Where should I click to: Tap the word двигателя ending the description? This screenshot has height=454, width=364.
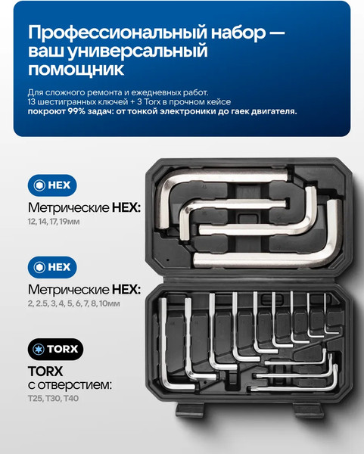(270, 110)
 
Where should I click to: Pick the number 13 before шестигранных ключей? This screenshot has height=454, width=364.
(32, 101)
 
